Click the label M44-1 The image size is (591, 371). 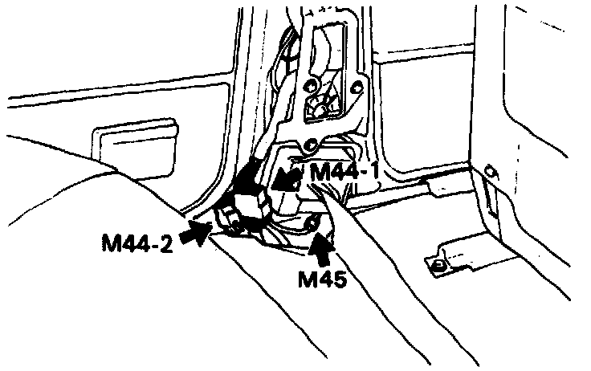click(x=344, y=170)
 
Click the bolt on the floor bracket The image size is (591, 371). click(x=438, y=264)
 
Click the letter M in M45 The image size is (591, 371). click(x=308, y=279)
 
